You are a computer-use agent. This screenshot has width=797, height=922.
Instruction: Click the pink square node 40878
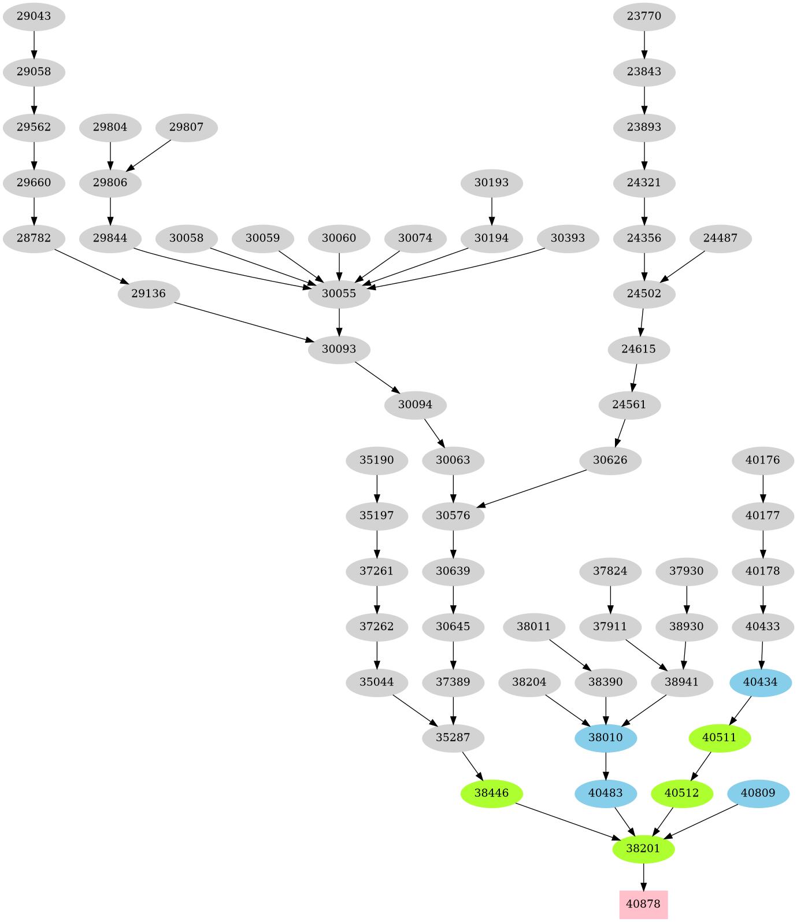pyautogui.click(x=643, y=904)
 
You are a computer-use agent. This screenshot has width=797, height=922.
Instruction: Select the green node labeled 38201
pyautogui.click(x=643, y=849)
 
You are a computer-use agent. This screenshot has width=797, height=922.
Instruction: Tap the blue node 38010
pyautogui.click(x=606, y=738)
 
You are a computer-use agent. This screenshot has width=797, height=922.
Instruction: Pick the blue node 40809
pyautogui.click(x=758, y=793)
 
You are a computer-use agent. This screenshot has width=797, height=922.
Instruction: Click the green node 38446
pyautogui.click(x=491, y=793)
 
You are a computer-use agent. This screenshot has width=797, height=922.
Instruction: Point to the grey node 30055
pyautogui.click(x=339, y=294)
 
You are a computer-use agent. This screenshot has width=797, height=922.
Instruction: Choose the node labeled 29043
pyautogui.click(x=34, y=16)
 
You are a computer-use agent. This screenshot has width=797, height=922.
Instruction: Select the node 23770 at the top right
pyautogui.click(x=644, y=16)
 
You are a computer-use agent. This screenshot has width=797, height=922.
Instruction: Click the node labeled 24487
pyautogui.click(x=720, y=238)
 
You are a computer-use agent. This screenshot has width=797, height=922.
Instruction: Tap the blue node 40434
pyautogui.click(x=761, y=682)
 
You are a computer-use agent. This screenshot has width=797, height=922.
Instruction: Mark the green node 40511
pyautogui.click(x=720, y=738)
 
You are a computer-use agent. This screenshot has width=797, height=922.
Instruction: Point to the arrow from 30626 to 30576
pyautogui.click(x=532, y=489)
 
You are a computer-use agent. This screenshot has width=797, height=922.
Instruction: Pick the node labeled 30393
pyautogui.click(x=568, y=238)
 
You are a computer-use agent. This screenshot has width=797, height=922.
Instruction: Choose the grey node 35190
pyautogui.click(x=377, y=460)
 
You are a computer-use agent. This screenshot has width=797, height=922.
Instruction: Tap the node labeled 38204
pyautogui.click(x=529, y=682)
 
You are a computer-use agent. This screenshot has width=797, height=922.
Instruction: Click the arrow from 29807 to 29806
pyautogui.click(x=149, y=155)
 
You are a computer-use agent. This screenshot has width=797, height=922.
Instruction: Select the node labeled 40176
pyautogui.click(x=763, y=460)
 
